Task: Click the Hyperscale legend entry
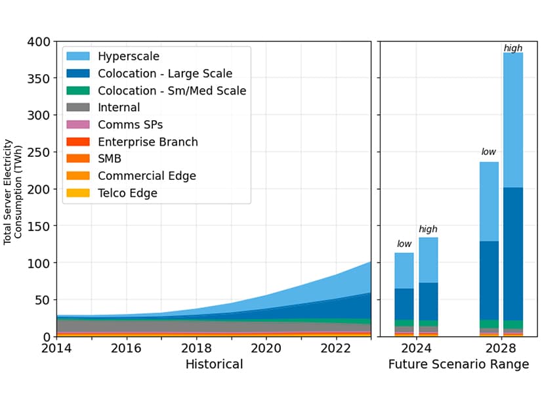(x=128, y=56)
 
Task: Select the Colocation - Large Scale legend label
(x=165, y=74)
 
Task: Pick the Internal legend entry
(x=119, y=108)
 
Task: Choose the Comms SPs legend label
(x=130, y=125)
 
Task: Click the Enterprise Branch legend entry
(x=148, y=142)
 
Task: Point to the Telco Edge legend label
(x=127, y=193)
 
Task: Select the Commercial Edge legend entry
(x=146, y=176)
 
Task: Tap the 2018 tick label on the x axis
(x=197, y=348)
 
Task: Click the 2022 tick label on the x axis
(x=336, y=348)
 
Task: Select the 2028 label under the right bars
(x=501, y=348)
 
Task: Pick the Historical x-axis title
(x=214, y=364)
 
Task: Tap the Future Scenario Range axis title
(x=458, y=364)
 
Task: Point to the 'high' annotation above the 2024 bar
(x=428, y=229)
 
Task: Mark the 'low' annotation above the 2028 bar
(x=488, y=152)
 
